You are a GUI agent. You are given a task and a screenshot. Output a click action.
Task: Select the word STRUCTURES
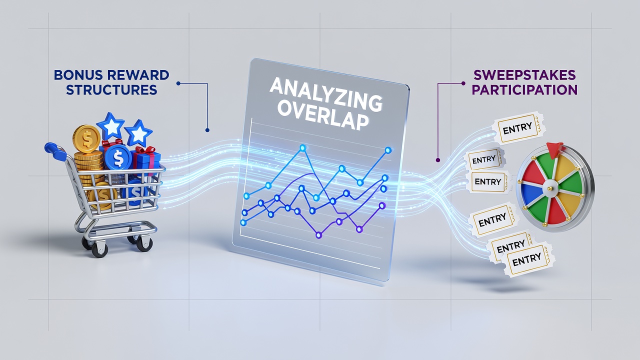tap(111, 89)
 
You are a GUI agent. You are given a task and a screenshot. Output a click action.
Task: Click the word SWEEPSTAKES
tap(524, 75)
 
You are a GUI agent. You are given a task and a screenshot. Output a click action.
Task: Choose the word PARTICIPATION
tap(524, 89)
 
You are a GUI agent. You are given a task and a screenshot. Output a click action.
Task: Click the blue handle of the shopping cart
tap(55, 150)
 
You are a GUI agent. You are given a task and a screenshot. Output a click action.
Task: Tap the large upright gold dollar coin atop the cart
tap(86, 139)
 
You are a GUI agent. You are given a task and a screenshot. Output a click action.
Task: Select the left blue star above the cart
tap(110, 125)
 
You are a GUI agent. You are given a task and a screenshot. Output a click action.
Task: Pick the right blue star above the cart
tap(138, 133)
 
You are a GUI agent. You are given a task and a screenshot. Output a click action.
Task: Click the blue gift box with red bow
tap(147, 160)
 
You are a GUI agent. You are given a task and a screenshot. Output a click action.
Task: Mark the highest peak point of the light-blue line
tap(303, 147)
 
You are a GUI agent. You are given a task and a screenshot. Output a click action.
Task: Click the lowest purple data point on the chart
tap(319, 235)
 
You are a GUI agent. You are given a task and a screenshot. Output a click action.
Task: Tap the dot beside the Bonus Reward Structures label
tap(178, 83)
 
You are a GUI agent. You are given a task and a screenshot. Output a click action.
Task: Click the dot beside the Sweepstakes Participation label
tap(463, 83)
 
